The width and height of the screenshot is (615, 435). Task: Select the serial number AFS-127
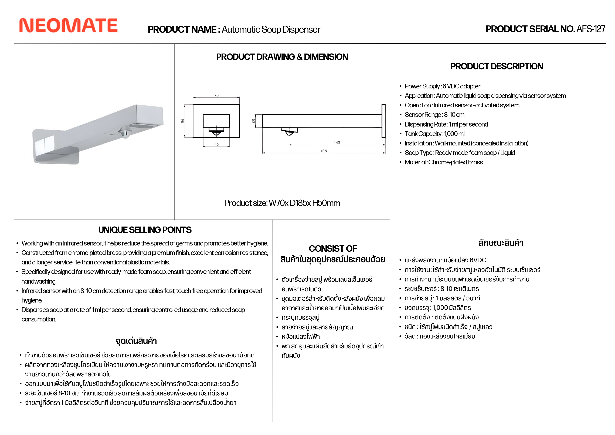pos(591,29)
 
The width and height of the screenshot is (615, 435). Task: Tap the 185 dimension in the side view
pos(324,151)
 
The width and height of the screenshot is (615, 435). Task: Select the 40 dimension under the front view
pos(216,145)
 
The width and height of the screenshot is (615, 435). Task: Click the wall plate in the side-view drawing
pos(384,121)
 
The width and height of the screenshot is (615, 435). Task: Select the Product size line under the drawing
pos(282,203)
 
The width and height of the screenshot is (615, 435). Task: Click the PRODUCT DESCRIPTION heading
pos(497,66)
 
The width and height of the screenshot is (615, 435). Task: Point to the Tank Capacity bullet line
pos(434,134)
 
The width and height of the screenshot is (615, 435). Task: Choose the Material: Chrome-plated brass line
pos(444,162)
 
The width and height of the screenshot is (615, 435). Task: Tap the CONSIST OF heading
pos(333,249)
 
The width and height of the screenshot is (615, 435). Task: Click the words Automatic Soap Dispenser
pos(271,29)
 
